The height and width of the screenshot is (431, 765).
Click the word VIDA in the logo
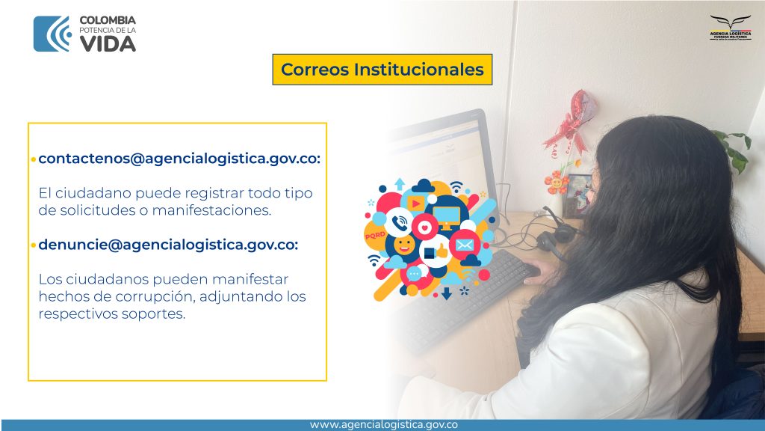point(108,44)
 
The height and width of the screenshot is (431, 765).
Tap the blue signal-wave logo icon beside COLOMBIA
point(52,34)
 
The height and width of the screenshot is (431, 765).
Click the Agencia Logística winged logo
point(731,28)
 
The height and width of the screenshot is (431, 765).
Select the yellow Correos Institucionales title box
point(382,70)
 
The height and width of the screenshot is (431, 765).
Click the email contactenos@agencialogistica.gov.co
point(179,159)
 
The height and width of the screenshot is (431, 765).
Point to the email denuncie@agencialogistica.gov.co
point(168,245)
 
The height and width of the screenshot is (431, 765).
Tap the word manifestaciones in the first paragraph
point(211,210)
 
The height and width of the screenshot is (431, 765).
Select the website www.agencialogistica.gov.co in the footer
point(383,425)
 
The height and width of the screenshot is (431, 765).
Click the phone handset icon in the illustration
point(400,223)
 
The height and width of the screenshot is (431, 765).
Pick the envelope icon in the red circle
point(465,245)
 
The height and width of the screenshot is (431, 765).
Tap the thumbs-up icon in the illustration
point(441,251)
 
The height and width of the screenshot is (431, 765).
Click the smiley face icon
point(404,245)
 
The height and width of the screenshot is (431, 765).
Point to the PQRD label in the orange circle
point(375,236)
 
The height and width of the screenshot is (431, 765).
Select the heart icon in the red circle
point(424,227)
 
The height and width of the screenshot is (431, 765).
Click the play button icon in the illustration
point(415,203)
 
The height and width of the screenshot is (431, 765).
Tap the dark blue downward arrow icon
point(447,293)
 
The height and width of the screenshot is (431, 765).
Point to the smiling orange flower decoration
point(556,183)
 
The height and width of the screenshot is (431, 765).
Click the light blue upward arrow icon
point(400,184)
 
